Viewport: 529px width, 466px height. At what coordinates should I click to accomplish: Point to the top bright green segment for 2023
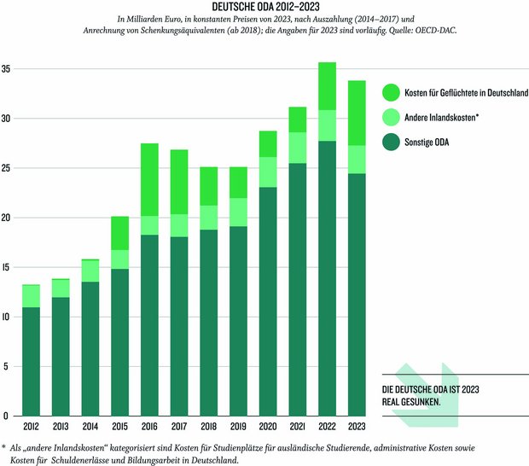coord(358,113)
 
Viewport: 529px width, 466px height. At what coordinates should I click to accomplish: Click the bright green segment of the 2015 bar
coord(119,233)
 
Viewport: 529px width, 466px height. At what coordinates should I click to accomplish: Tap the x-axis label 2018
coord(209,427)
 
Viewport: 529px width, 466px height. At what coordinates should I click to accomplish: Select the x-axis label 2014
coord(90,427)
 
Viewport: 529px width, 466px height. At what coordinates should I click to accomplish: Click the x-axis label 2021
coord(298,427)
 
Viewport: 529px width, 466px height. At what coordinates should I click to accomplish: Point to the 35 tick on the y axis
coord(7,69)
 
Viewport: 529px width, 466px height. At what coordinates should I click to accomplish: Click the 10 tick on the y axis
coord(7,317)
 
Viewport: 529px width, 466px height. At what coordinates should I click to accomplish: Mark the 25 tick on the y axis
coord(7,168)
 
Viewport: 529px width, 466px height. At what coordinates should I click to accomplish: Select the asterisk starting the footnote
coord(4,446)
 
